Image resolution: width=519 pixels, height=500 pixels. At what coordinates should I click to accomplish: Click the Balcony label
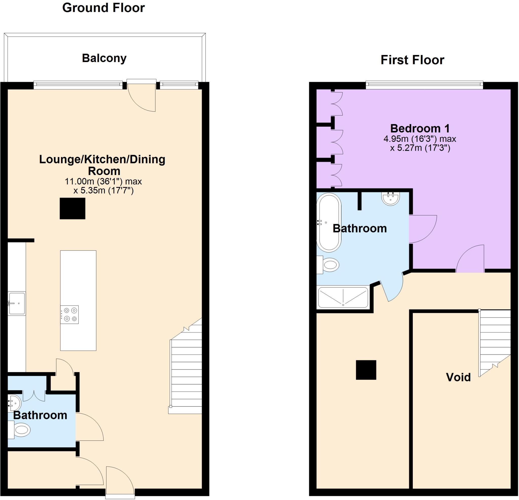[104, 58]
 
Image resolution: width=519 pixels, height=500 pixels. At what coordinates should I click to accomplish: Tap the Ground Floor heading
[103, 8]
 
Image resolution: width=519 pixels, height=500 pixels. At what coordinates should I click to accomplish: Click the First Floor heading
[412, 60]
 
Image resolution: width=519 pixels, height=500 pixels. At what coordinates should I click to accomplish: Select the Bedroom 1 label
[420, 128]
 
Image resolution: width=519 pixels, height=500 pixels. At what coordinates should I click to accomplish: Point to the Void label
[458, 377]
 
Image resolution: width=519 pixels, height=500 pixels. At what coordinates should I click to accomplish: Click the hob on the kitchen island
[70, 314]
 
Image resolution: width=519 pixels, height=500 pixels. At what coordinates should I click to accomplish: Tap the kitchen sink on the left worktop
[17, 303]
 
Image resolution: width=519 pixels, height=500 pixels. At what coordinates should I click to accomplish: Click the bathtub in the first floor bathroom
[329, 222]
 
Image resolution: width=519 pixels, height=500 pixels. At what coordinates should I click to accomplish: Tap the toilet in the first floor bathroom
[330, 265]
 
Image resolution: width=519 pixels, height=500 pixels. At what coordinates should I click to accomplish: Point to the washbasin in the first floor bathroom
[391, 199]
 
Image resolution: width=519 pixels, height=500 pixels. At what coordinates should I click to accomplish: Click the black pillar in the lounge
[72, 208]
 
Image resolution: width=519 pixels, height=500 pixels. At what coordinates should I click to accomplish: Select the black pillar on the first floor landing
[366, 370]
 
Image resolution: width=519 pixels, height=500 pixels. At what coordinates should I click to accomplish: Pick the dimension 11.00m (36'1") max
[103, 182]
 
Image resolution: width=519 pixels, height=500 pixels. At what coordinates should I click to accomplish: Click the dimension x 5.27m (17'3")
[420, 148]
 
